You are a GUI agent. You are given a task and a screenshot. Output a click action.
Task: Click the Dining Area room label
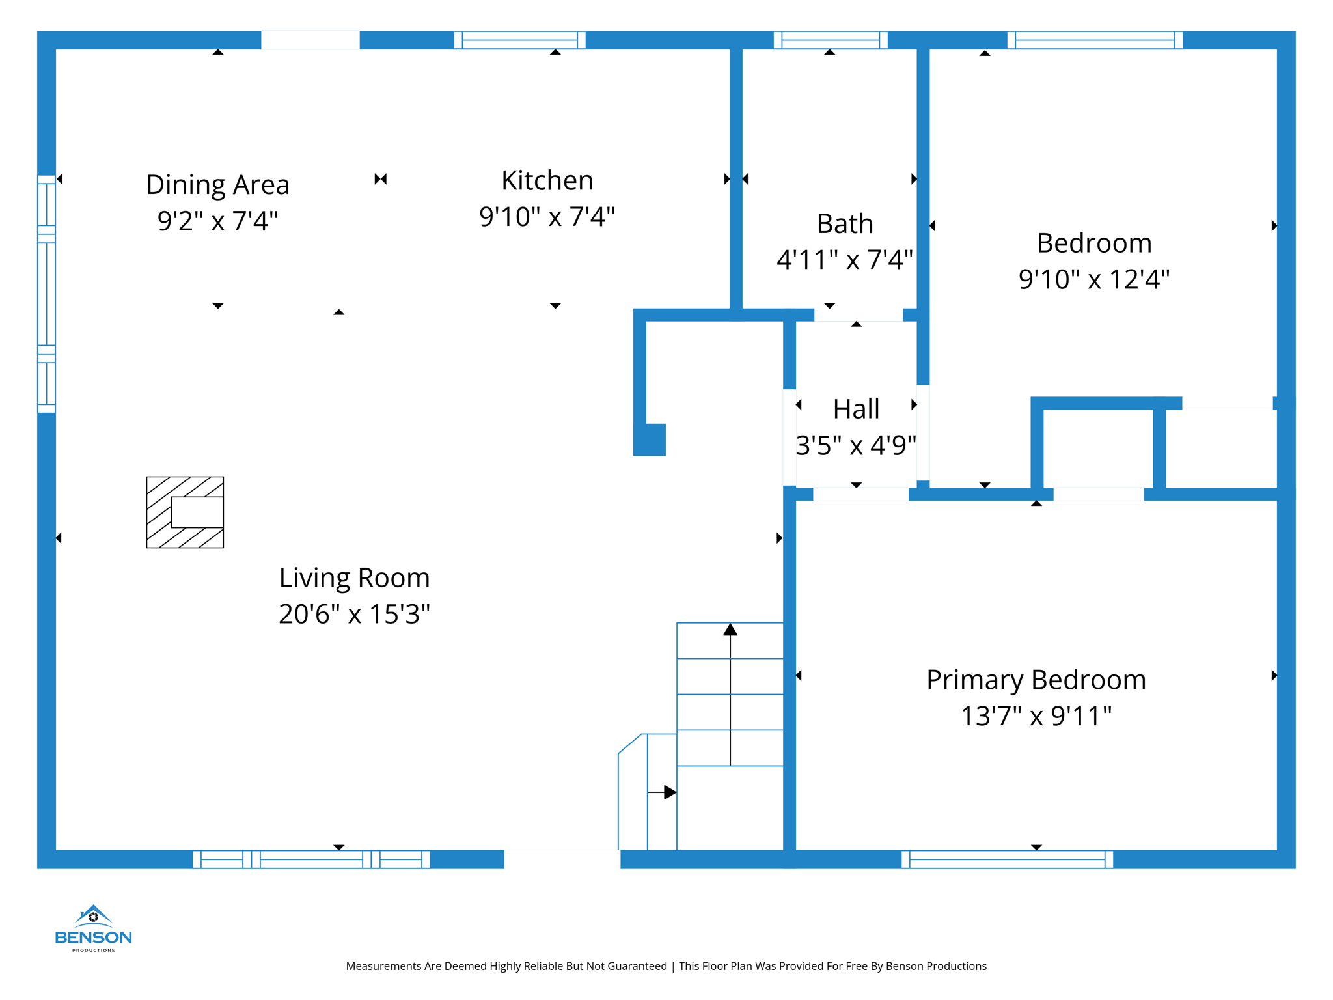pyautogui.click(x=217, y=185)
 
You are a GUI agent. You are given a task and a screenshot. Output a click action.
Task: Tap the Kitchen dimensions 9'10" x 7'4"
pyautogui.click(x=547, y=217)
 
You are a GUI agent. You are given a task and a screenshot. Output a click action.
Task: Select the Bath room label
pyautogui.click(x=845, y=224)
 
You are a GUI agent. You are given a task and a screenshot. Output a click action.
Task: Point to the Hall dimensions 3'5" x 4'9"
pyautogui.click(x=856, y=446)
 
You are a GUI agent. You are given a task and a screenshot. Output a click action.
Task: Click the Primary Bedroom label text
pyautogui.click(x=1036, y=680)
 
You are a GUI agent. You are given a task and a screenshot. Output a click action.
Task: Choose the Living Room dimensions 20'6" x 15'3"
pyautogui.click(x=354, y=614)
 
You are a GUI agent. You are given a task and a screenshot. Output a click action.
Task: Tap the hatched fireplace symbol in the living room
pyautogui.click(x=185, y=512)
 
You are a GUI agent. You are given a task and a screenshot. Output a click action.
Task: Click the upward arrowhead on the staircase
pyautogui.click(x=730, y=630)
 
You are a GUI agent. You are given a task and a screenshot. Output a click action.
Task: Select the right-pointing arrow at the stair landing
pyautogui.click(x=668, y=792)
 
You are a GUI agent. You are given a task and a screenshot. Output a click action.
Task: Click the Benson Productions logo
pyautogui.click(x=94, y=928)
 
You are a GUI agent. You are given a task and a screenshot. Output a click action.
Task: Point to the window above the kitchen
pyautogui.click(x=519, y=40)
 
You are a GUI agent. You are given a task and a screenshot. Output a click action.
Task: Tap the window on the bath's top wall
pyautogui.click(x=830, y=40)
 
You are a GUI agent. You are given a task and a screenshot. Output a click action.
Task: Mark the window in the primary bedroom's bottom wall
pyautogui.click(x=1007, y=859)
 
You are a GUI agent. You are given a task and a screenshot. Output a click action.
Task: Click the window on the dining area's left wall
pyautogui.click(x=46, y=294)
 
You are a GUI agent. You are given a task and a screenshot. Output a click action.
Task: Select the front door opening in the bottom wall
pyautogui.click(x=562, y=859)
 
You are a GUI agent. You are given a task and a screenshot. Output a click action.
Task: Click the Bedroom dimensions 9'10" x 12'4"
pyautogui.click(x=1093, y=279)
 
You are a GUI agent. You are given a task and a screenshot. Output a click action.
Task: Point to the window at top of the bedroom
pyautogui.click(x=1095, y=40)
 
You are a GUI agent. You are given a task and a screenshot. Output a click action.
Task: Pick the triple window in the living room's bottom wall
pyautogui.click(x=311, y=859)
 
